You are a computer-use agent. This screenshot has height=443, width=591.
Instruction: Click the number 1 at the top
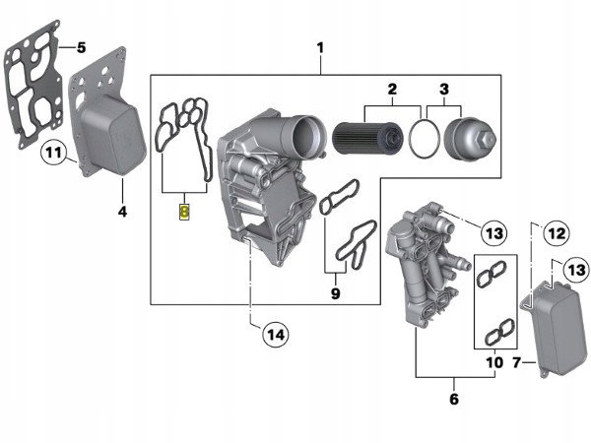point(319,47)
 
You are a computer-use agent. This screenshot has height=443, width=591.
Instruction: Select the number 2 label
point(391,90)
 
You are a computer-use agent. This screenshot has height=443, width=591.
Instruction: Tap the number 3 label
point(443,90)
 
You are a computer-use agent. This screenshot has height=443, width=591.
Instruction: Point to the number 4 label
point(122,211)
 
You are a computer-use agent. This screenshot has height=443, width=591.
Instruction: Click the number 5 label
point(81,46)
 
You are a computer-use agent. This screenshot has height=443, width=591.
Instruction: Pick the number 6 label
point(453,399)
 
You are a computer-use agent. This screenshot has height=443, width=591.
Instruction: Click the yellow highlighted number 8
point(183,210)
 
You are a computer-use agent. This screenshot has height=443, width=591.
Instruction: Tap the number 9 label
point(334,293)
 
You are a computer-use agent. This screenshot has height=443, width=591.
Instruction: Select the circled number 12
point(556,233)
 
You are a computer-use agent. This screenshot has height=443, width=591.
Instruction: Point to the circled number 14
point(276,335)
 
